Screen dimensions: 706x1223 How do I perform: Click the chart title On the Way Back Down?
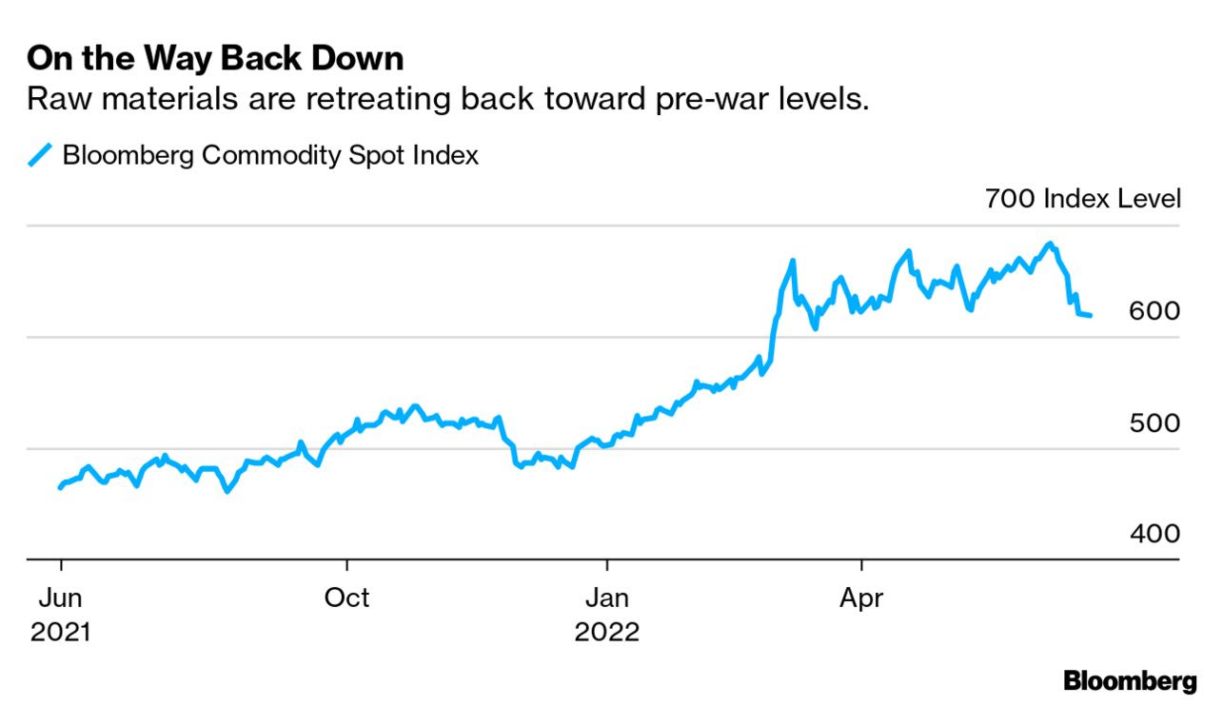coord(215,59)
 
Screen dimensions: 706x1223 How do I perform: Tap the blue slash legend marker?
coord(41,154)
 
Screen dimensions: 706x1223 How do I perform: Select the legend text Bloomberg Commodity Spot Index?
coord(270,154)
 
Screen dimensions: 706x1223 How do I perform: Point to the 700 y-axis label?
coord(1010,199)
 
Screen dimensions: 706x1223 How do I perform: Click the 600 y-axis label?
coord(1154,311)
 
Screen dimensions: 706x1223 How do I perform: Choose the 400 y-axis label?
coord(1154,534)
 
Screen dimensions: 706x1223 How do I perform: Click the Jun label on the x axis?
coord(60,598)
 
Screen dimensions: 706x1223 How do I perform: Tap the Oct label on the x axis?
coord(346,598)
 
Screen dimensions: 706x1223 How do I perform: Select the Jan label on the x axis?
coord(606,598)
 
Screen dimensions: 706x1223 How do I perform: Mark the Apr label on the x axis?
coord(861,598)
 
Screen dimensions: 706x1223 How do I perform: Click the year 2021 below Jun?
coord(60,632)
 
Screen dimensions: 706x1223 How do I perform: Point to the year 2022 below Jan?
coord(606,632)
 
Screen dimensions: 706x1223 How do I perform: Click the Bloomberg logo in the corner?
coord(1130,680)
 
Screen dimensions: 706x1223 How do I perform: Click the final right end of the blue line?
coord(1090,315)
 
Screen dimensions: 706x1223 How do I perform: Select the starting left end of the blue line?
coord(60,487)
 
